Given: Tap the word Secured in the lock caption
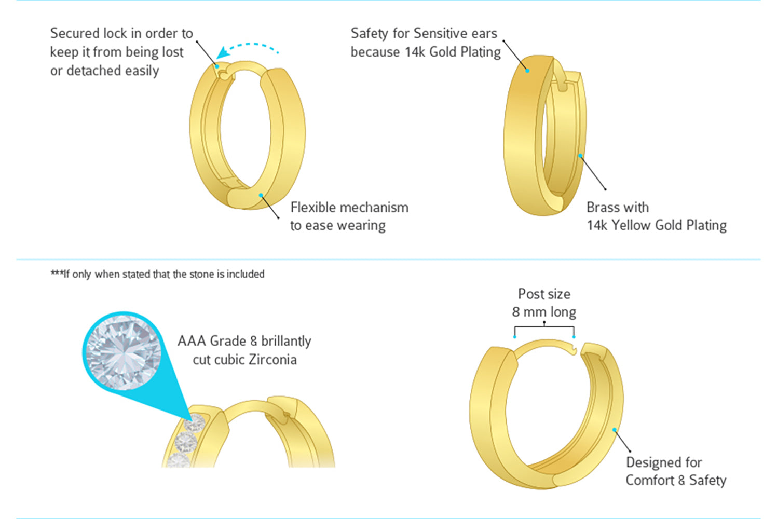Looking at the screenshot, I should point(74,33).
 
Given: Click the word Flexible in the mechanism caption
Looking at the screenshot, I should point(312,208).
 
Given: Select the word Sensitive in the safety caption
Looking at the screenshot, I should point(434,33).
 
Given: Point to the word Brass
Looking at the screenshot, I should point(604,208).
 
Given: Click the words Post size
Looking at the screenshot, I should point(544,294).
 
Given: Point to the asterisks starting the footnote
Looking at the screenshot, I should point(56,274).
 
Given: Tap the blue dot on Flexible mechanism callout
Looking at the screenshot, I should point(261,195).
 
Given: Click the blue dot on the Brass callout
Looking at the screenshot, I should point(581,155).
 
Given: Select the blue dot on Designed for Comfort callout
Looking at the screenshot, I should point(614,430).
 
